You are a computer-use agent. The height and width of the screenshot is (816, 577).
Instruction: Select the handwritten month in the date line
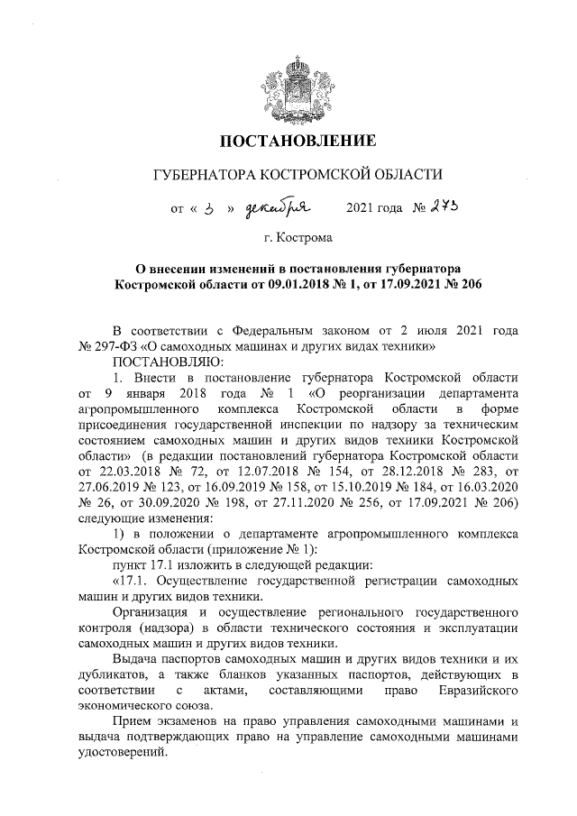(279, 209)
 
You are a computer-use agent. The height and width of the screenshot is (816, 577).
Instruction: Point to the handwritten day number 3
(208, 210)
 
